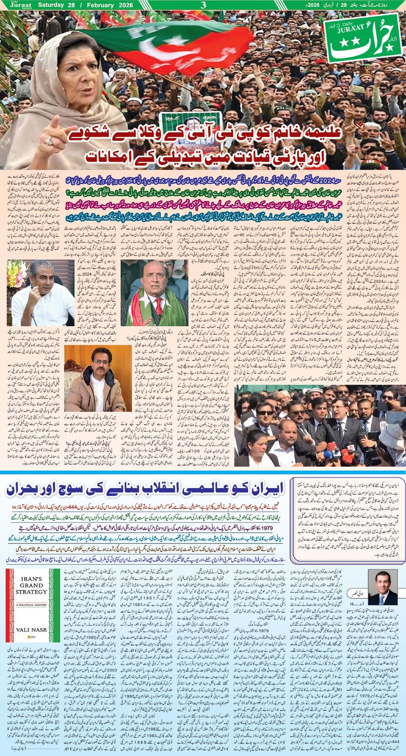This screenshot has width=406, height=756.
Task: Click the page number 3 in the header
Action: tap(203, 5)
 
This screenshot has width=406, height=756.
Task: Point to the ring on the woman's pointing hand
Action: tap(49, 141)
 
